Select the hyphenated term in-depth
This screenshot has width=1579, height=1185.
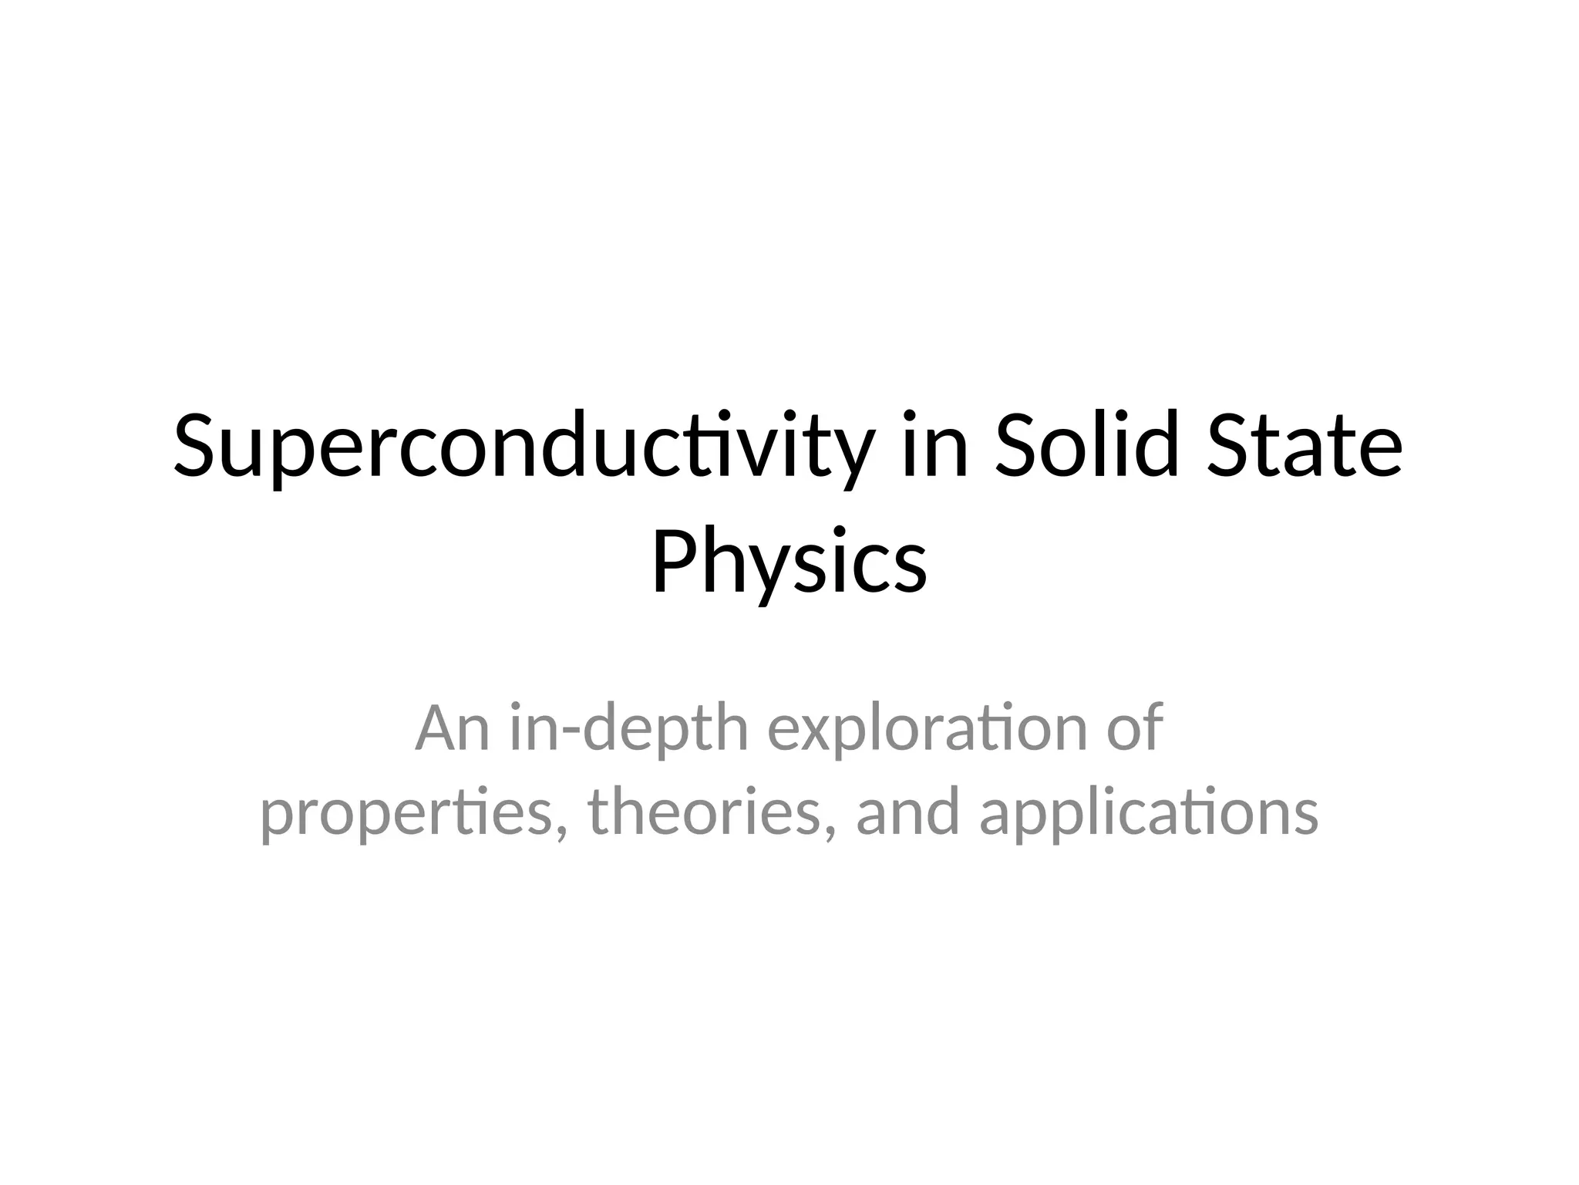(x=629, y=728)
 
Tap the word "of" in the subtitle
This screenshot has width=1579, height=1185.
(x=1134, y=728)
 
